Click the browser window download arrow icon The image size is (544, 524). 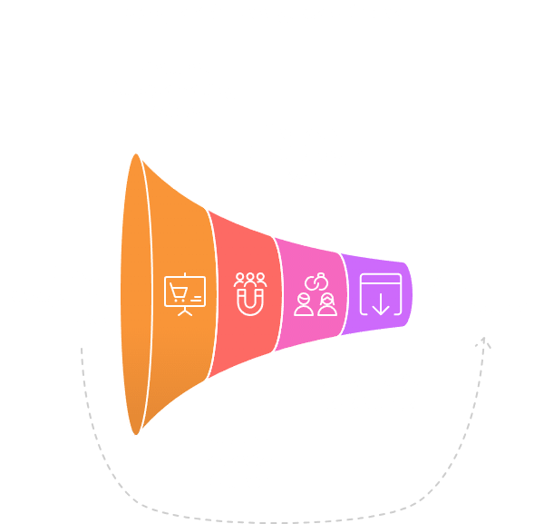[x=379, y=293]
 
